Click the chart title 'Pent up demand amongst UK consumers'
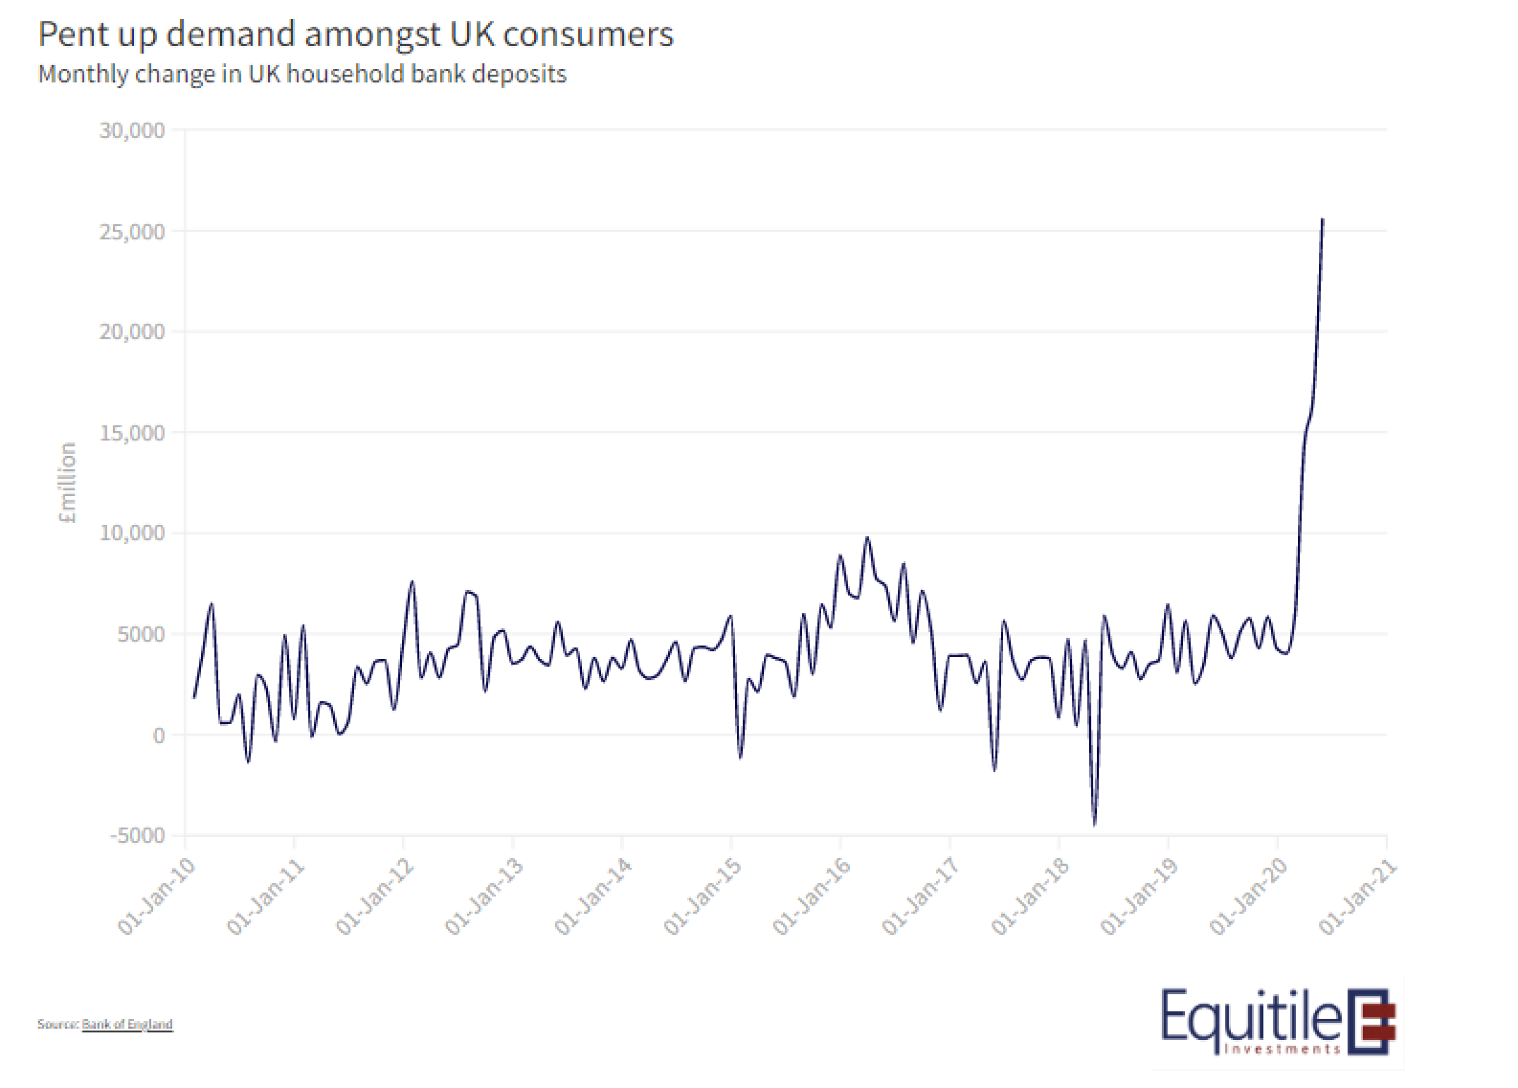pos(355,35)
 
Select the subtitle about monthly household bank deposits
pos(302,74)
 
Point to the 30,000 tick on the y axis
pos(132,130)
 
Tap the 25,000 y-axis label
pos(132,232)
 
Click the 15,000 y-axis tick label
pos(132,433)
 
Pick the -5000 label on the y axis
pos(137,835)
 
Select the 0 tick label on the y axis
pos(158,735)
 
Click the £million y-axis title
pos(68,482)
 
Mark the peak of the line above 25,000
pos(1322,220)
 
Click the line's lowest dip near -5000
pos(1095,825)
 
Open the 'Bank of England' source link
pos(127,1025)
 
